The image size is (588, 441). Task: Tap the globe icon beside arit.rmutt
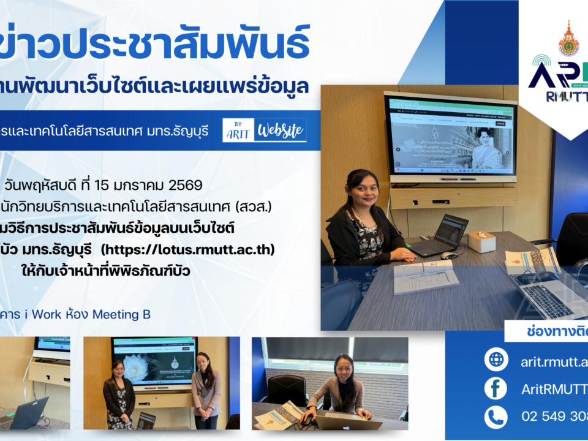496,360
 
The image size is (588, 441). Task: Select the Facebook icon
496,388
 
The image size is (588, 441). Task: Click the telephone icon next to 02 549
496,417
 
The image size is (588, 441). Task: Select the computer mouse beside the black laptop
449,255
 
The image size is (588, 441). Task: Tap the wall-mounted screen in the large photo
450,137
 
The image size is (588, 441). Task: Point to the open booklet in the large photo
425,276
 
